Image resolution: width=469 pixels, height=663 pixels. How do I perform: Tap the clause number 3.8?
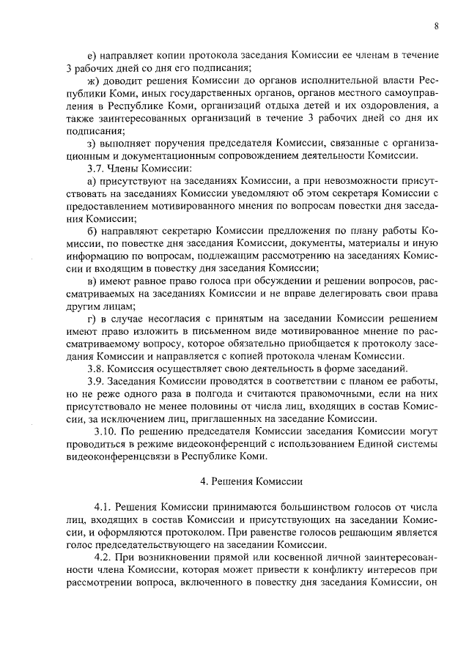pos(97,368)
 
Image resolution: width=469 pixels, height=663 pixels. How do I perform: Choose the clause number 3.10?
pos(100,432)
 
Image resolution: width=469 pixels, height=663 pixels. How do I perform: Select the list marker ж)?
pos(92,78)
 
